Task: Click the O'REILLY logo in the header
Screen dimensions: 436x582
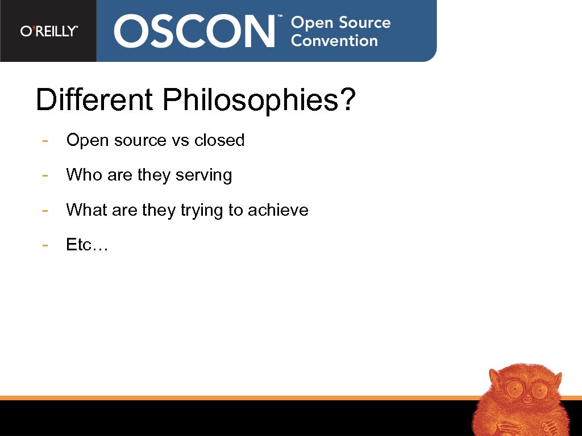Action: [x=49, y=31]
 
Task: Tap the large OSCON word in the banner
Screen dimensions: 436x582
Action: [x=194, y=31]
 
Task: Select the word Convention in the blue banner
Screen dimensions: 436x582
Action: [x=334, y=41]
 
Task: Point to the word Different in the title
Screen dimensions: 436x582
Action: [x=94, y=100]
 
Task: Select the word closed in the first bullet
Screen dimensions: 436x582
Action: [x=219, y=140]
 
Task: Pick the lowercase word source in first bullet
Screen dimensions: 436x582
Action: [x=139, y=141]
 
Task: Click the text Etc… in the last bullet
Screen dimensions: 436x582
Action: [x=87, y=245]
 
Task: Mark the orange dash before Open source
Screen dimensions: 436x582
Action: [x=45, y=140]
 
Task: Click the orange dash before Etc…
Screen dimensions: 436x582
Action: [x=45, y=245]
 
